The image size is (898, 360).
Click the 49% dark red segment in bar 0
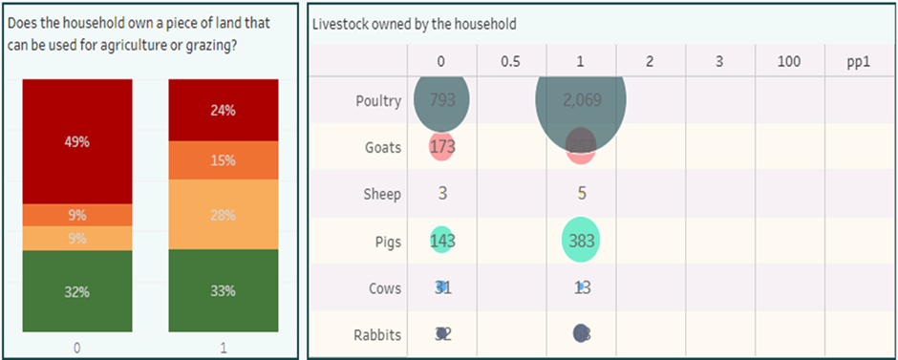[x=77, y=141]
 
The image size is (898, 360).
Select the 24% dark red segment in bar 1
[x=224, y=110]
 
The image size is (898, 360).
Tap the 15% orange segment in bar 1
[x=224, y=160]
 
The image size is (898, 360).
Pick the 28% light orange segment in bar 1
[x=224, y=215]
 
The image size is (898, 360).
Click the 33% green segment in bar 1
[x=224, y=291]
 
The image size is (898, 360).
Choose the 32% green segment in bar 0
[x=77, y=291]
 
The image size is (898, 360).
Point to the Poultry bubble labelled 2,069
[x=581, y=100]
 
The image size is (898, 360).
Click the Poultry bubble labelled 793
[x=441, y=100]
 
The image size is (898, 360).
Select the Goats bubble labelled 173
[x=441, y=147]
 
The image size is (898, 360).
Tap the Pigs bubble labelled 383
[x=581, y=242]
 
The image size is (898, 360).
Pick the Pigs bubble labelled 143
[x=441, y=242]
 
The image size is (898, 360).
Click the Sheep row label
[x=381, y=194]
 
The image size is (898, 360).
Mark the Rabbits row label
[x=378, y=334]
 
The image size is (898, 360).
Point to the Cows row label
[x=385, y=288]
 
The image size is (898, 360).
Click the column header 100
[x=789, y=62]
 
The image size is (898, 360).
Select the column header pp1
[x=858, y=62]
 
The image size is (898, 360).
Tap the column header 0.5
[x=510, y=62]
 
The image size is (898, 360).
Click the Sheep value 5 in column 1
[x=582, y=194]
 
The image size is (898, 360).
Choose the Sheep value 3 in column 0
[x=442, y=194]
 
